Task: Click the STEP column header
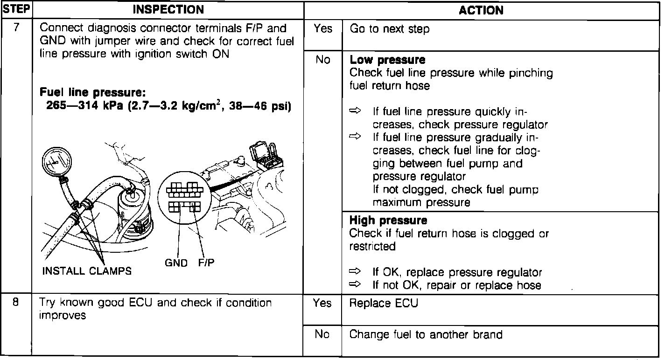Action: tap(16, 9)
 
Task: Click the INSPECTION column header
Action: tap(168, 9)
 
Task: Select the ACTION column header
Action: tap(481, 10)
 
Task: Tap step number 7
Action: tap(16, 28)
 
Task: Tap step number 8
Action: tap(16, 302)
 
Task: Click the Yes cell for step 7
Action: tap(322, 29)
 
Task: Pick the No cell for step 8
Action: tap(322, 334)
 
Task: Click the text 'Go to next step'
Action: tap(389, 29)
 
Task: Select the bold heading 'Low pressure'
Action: tap(387, 60)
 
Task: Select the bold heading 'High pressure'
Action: tap(388, 221)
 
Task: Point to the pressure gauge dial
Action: tap(56, 162)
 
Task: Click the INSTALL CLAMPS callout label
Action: tap(87, 271)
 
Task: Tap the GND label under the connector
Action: tap(176, 263)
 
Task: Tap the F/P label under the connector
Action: tap(206, 263)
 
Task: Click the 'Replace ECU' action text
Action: tap(384, 303)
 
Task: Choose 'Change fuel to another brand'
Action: tap(426, 334)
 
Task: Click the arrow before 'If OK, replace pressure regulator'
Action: tap(356, 272)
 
